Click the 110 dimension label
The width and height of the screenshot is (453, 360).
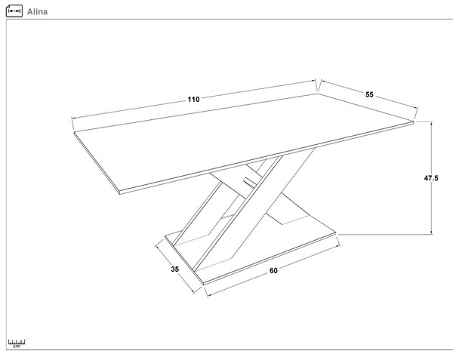[x=193, y=100]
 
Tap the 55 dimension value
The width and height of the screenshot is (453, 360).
[x=369, y=94]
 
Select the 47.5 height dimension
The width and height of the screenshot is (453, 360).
[x=431, y=178]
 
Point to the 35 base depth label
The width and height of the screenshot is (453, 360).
[x=175, y=269]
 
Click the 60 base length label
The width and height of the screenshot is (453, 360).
[x=273, y=270]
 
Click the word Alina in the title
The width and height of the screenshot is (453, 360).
[x=37, y=11]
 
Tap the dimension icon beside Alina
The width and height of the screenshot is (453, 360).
[x=14, y=11]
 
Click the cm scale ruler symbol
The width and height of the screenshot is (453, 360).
[x=17, y=343]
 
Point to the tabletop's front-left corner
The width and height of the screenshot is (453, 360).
[x=119, y=192]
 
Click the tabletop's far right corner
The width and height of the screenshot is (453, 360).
[x=414, y=122]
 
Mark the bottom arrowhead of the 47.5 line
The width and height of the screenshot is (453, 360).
[x=432, y=232]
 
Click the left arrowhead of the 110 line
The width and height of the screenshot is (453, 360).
[x=73, y=118]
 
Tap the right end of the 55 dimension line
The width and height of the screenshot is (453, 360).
[x=418, y=108]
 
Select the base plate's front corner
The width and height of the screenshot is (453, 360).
[x=203, y=283]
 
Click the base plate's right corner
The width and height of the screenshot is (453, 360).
[x=336, y=232]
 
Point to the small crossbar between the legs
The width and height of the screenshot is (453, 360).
[x=250, y=183]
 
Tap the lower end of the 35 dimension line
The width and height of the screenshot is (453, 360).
[x=193, y=292]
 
